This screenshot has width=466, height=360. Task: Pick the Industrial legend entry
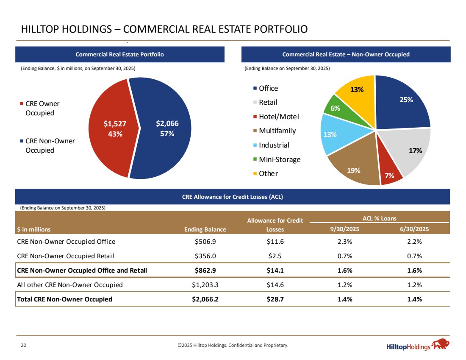coord(274,145)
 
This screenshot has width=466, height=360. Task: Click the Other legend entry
coord(268,174)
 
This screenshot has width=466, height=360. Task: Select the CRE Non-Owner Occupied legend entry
coord(50,145)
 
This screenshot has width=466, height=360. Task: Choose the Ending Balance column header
coord(205,229)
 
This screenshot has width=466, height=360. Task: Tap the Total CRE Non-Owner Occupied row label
coord(64,299)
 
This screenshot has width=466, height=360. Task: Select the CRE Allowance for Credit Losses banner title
coord(233,197)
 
